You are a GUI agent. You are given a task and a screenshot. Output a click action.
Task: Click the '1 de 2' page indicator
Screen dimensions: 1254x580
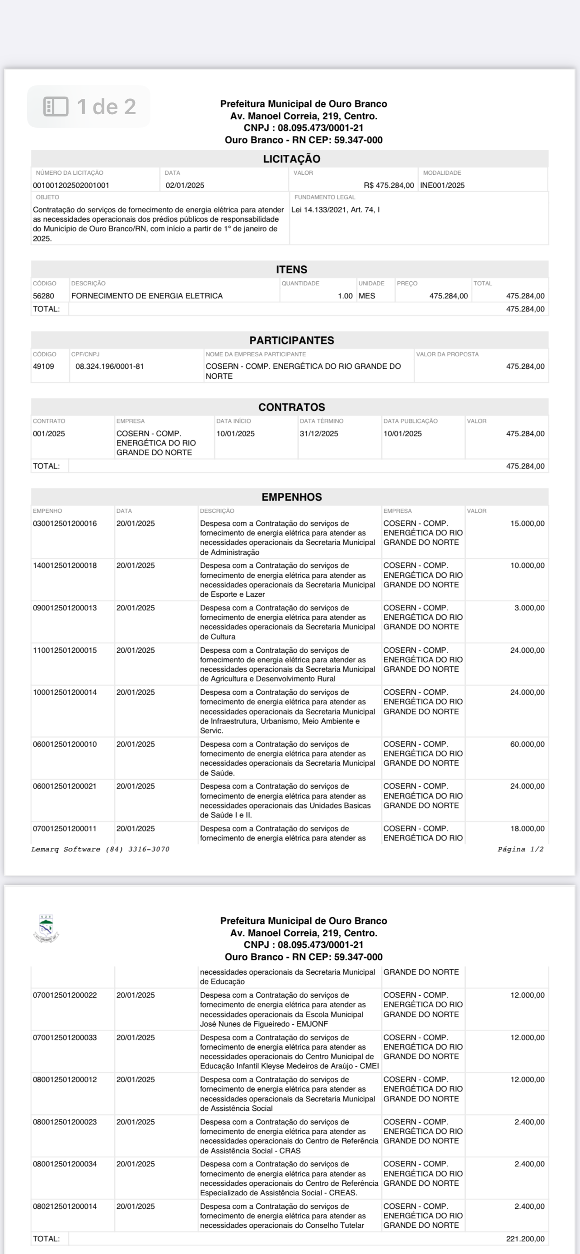click(106, 107)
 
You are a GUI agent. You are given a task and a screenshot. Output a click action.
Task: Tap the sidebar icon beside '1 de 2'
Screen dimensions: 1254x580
click(56, 107)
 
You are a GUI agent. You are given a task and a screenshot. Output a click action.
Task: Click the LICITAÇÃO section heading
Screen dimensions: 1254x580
click(291, 159)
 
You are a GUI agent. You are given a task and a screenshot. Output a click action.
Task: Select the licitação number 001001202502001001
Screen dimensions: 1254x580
click(71, 186)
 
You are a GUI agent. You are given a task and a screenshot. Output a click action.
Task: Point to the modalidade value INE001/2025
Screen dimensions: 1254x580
click(442, 186)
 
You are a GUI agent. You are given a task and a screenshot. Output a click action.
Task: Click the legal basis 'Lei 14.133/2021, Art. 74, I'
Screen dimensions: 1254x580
click(336, 210)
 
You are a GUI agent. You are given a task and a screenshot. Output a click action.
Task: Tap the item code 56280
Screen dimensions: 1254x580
click(43, 296)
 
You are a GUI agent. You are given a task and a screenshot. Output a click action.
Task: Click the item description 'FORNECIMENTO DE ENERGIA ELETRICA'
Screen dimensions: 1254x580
click(147, 296)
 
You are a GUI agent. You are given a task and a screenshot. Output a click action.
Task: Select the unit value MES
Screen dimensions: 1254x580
click(367, 296)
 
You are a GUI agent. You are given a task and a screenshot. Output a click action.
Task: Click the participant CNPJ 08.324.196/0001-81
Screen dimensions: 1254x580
click(110, 367)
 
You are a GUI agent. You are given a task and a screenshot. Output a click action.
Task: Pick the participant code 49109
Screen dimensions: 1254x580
click(43, 367)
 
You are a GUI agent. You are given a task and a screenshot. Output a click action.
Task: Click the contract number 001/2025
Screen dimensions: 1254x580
click(49, 434)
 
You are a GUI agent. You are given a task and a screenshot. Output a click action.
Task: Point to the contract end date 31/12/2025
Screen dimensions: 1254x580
click(319, 434)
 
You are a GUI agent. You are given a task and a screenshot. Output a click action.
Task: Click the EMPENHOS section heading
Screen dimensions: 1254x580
click(291, 497)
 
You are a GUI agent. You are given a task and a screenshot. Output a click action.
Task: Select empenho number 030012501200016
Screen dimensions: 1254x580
click(65, 524)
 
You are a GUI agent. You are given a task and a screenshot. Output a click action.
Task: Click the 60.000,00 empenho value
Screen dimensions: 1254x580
click(527, 744)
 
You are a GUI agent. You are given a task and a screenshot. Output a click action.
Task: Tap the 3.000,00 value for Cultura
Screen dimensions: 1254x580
click(529, 608)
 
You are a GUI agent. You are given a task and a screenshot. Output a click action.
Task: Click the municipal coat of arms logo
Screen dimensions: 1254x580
click(46, 929)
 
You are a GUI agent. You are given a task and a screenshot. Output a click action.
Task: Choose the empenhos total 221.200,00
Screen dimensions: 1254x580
click(525, 1239)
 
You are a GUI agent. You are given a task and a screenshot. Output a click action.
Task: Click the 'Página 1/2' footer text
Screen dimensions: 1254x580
click(520, 850)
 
